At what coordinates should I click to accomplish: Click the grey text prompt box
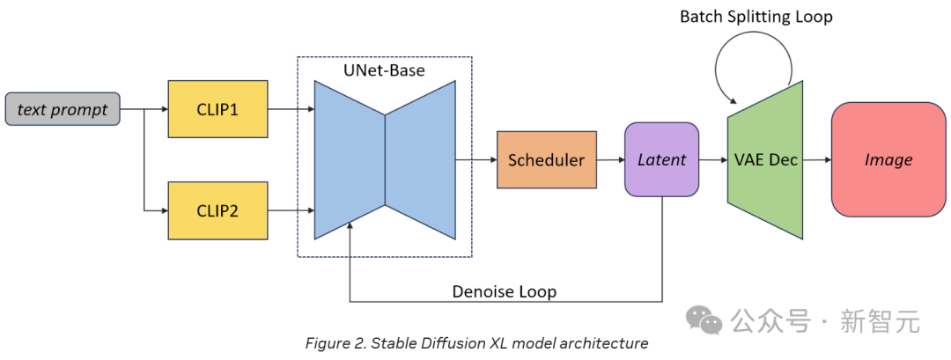pyautogui.click(x=63, y=110)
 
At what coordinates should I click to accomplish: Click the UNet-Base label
pyautogui.click(x=385, y=70)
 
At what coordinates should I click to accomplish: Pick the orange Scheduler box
pyautogui.click(x=547, y=160)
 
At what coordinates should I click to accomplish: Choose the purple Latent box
pyautogui.click(x=661, y=159)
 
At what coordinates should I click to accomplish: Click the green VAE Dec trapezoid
pyautogui.click(x=764, y=160)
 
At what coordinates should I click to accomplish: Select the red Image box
pyautogui.click(x=888, y=160)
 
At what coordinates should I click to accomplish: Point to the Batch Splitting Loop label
pyautogui.click(x=756, y=17)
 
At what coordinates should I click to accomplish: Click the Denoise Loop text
pyautogui.click(x=504, y=291)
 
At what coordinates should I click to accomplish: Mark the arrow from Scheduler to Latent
pyautogui.click(x=611, y=160)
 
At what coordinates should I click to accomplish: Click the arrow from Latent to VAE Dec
pyautogui.click(x=713, y=160)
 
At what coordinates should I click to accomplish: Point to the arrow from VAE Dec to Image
pyautogui.click(x=816, y=160)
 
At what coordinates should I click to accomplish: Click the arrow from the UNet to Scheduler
pyautogui.click(x=476, y=160)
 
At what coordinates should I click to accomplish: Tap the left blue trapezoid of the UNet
pyautogui.click(x=350, y=160)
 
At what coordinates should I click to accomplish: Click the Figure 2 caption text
pyautogui.click(x=476, y=343)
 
